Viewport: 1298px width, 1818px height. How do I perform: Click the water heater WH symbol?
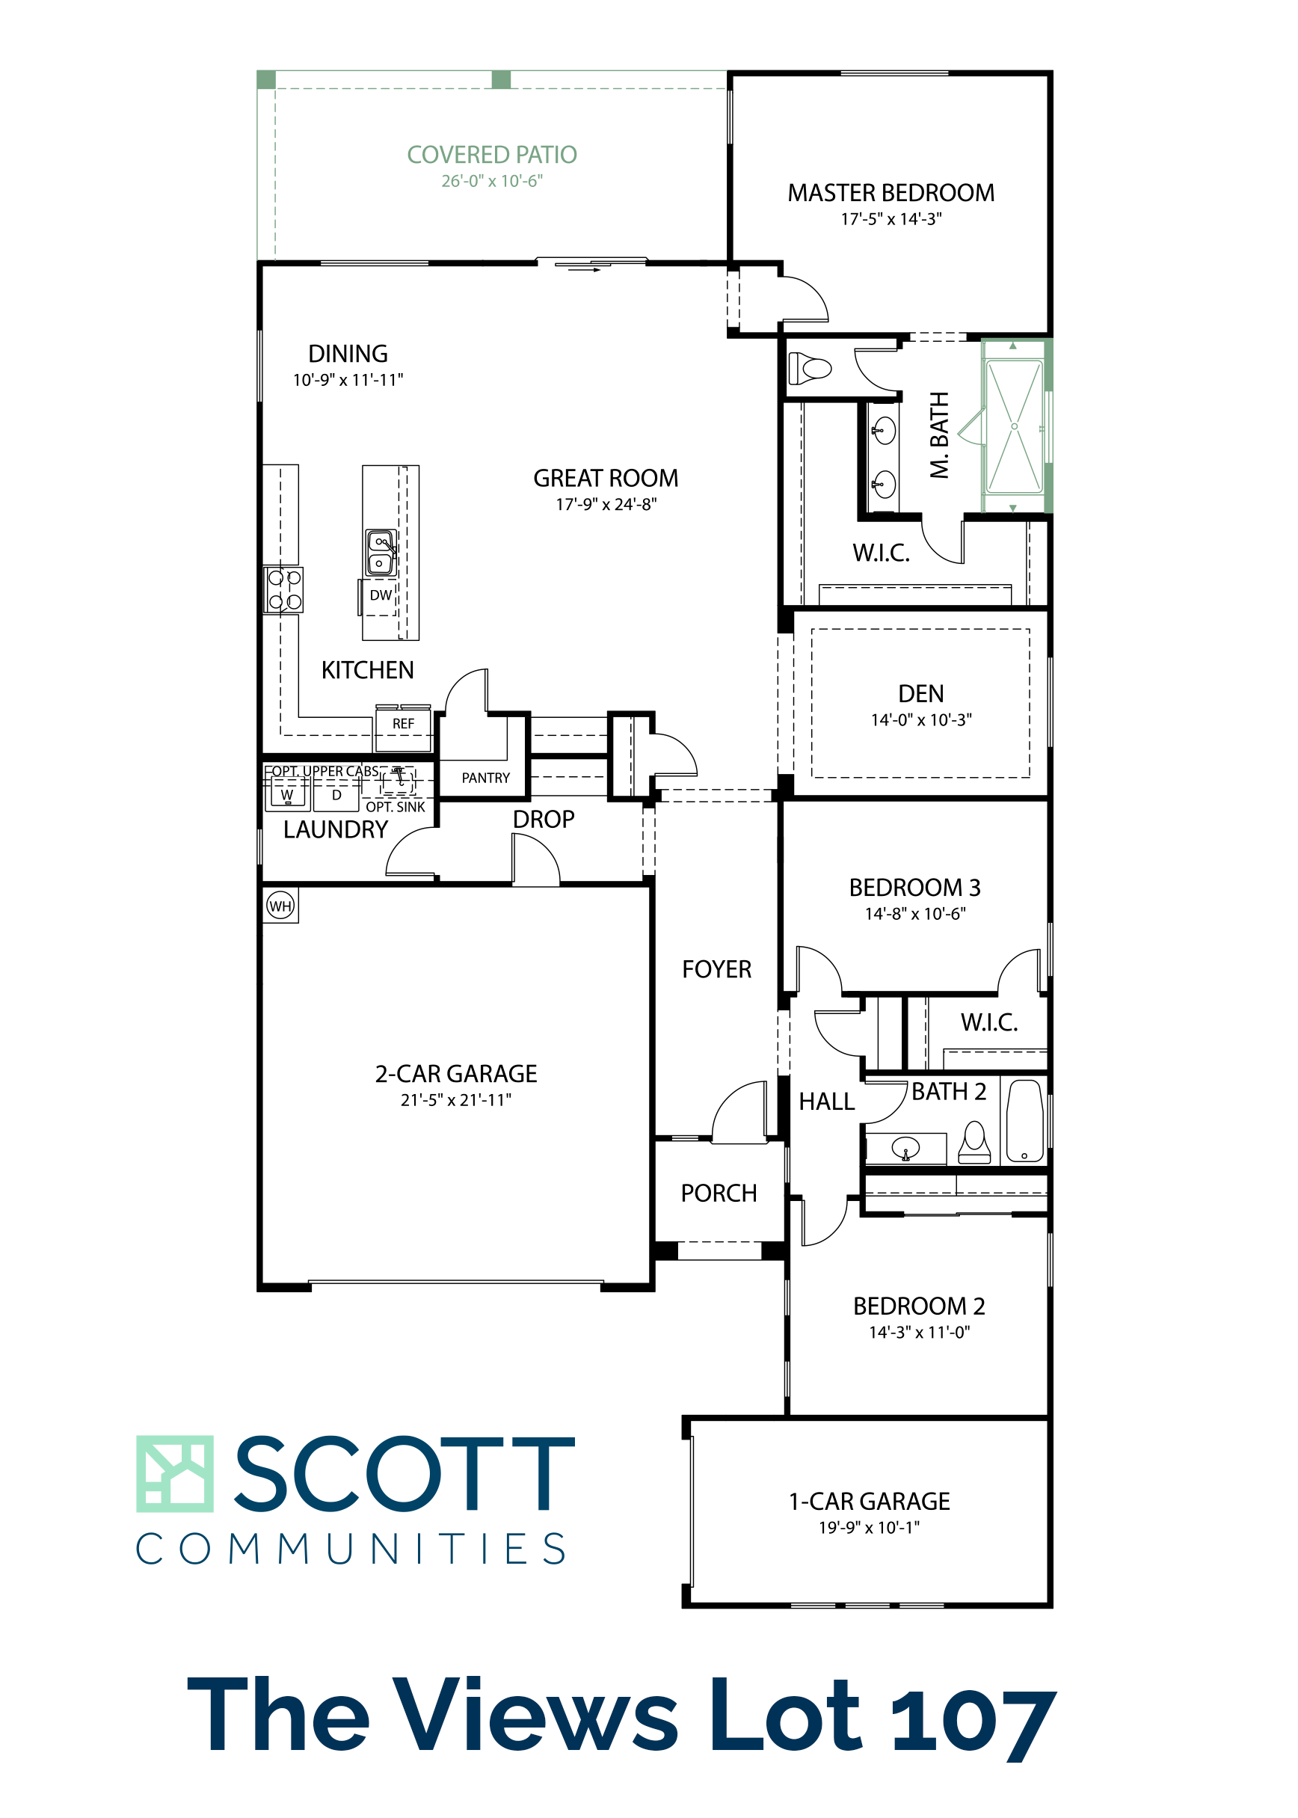pos(280,906)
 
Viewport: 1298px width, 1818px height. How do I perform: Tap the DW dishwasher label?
pos(381,595)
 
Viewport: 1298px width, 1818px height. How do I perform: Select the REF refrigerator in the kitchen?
pos(404,728)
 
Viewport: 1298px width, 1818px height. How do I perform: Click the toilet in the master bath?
pos(810,369)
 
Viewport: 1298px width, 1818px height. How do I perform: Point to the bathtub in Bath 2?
pos(1024,1120)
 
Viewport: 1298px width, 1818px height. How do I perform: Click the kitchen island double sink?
pos(381,553)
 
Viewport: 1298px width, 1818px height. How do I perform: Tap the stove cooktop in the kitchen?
pos(283,589)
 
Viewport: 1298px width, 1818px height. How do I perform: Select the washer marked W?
pos(287,794)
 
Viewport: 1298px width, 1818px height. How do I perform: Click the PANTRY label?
pos(485,778)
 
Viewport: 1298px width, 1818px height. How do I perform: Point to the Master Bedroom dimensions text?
pos(891,219)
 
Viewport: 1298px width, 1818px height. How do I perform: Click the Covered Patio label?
pos(491,154)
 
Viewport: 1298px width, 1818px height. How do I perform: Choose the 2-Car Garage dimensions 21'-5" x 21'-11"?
pos(455,1100)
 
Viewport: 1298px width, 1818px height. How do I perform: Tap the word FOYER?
pos(716,969)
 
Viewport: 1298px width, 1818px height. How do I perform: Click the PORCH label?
pos(719,1194)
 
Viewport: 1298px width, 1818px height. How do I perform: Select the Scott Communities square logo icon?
pos(174,1473)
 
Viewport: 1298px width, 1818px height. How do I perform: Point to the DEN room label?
pos(920,694)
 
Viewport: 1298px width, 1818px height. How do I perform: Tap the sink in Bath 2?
pos(905,1149)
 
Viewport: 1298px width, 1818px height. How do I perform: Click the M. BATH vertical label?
pos(939,435)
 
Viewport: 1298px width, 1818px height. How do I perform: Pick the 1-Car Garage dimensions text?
pos(869,1528)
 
